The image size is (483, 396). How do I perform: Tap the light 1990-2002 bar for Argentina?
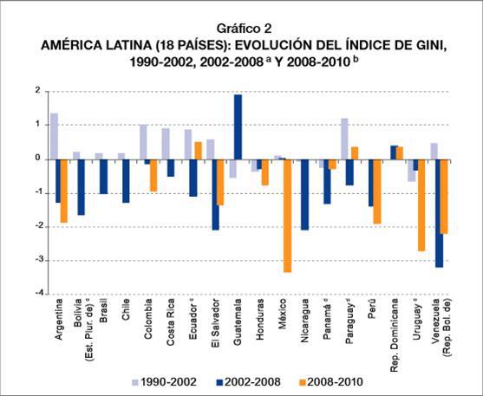click(54, 136)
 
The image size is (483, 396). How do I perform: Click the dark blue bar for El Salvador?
click(214, 194)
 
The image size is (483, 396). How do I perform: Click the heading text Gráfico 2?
click(241, 28)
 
